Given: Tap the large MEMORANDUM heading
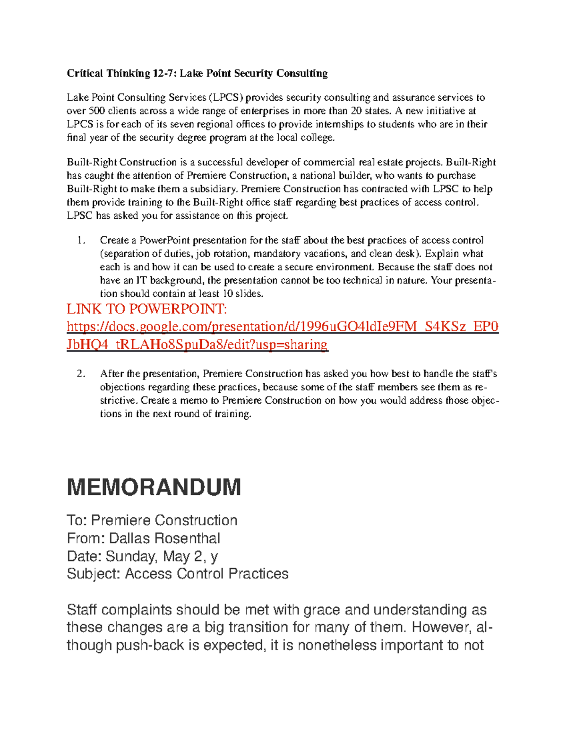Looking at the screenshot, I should point(154,487).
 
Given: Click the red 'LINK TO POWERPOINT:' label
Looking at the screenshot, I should point(147,309).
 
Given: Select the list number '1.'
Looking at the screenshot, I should point(81,240).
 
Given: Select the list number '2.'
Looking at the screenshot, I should point(81,374).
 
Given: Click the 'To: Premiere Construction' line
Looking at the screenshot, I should point(152,520).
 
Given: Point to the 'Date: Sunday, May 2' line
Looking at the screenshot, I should point(142,556).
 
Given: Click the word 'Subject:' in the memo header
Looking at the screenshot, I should point(94,574).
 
